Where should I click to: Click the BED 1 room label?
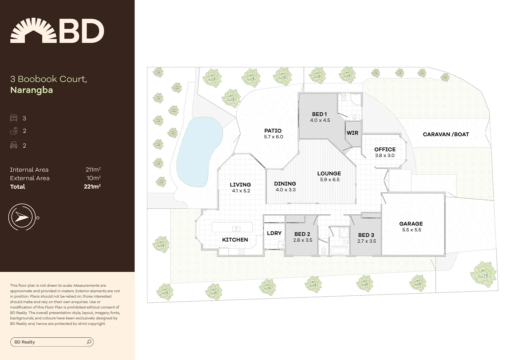pos(319,114)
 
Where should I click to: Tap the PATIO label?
pos(273,131)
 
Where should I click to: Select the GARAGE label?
pos(411,224)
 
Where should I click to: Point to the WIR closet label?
pos(352,133)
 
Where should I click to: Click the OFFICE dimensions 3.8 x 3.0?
pos(385,156)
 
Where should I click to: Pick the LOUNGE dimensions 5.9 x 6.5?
pos(329,180)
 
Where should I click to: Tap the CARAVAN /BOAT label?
pos(446,134)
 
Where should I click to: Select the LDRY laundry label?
pos(274,233)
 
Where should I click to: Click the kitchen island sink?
pos(236,228)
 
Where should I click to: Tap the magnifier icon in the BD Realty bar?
pos(89,342)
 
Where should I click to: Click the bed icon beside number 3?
pos(14,118)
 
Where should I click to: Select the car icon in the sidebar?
pos(14,145)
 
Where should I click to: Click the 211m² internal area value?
pos(93,170)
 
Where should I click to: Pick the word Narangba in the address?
pos(32,90)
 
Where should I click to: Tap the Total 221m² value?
pos(92,187)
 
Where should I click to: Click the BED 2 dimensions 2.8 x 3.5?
pos(302,240)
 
